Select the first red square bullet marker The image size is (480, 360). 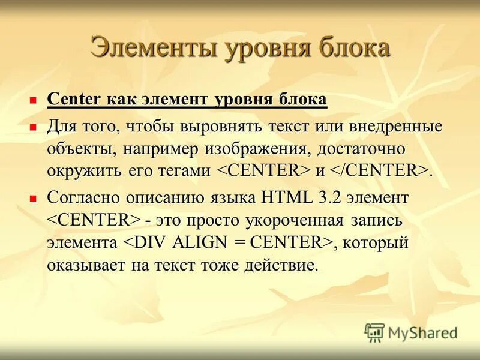[34, 99]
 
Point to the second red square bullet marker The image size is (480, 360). [34, 127]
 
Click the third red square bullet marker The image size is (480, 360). [34, 196]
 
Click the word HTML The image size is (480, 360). [283, 197]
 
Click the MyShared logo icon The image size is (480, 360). [374, 332]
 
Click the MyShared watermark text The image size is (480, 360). [422, 332]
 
